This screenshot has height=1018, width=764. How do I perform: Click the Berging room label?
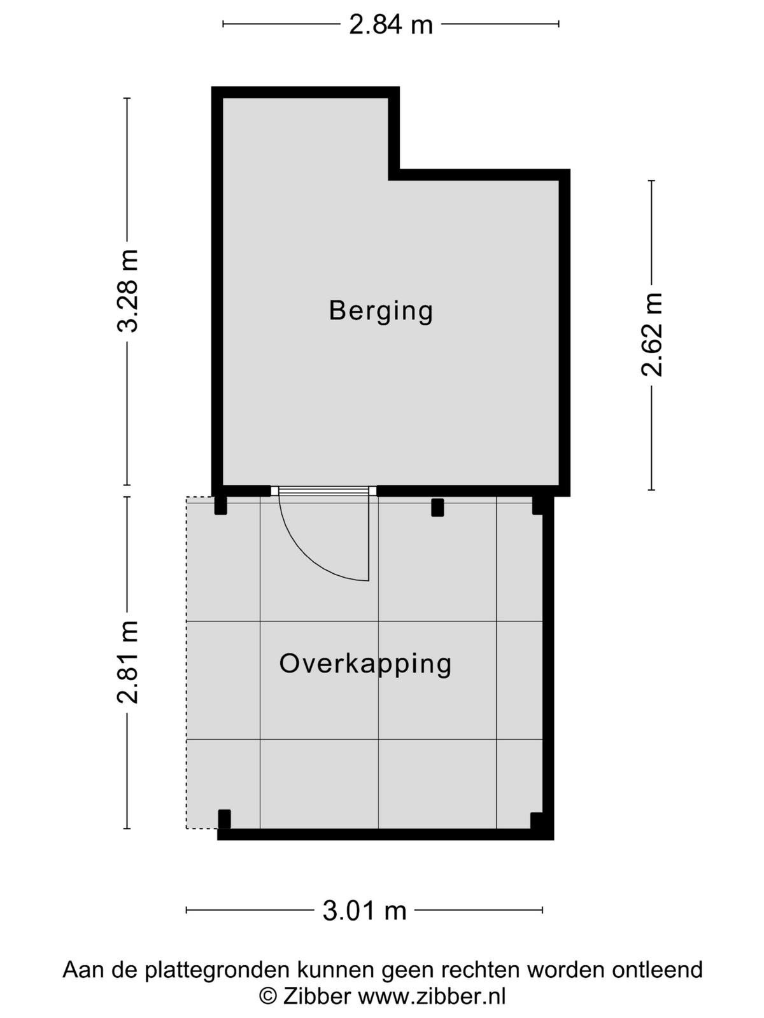[381, 311]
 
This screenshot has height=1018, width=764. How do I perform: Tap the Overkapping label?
[365, 664]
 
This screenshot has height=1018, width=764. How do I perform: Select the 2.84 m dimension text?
[390, 25]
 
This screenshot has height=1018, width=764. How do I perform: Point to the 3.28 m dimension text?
[127, 291]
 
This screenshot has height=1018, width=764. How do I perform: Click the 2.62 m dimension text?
[651, 335]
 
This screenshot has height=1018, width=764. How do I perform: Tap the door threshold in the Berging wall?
[323, 491]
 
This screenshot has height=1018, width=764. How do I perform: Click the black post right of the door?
[437, 507]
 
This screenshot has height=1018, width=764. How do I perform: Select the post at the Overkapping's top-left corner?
[221, 506]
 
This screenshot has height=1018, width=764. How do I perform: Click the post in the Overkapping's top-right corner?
[537, 506]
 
